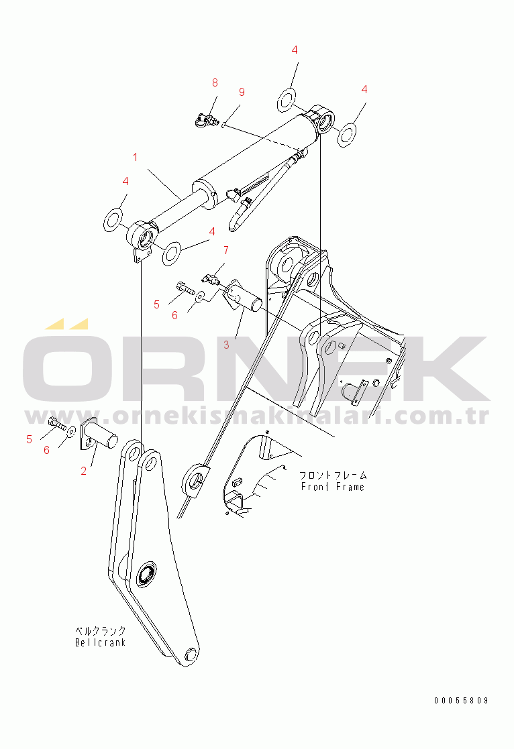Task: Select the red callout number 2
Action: pos(84,471)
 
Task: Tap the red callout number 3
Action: pos(227,345)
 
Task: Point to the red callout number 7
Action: pos(226,251)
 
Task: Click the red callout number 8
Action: pos(215,82)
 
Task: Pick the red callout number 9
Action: pos(242,92)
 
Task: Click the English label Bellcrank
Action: pos(100,642)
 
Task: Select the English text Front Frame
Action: pos(333,487)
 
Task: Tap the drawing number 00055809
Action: pos(461,701)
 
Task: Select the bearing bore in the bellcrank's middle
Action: pos(146,575)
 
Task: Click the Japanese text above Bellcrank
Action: pos(100,631)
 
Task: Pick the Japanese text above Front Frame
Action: pos(333,475)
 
